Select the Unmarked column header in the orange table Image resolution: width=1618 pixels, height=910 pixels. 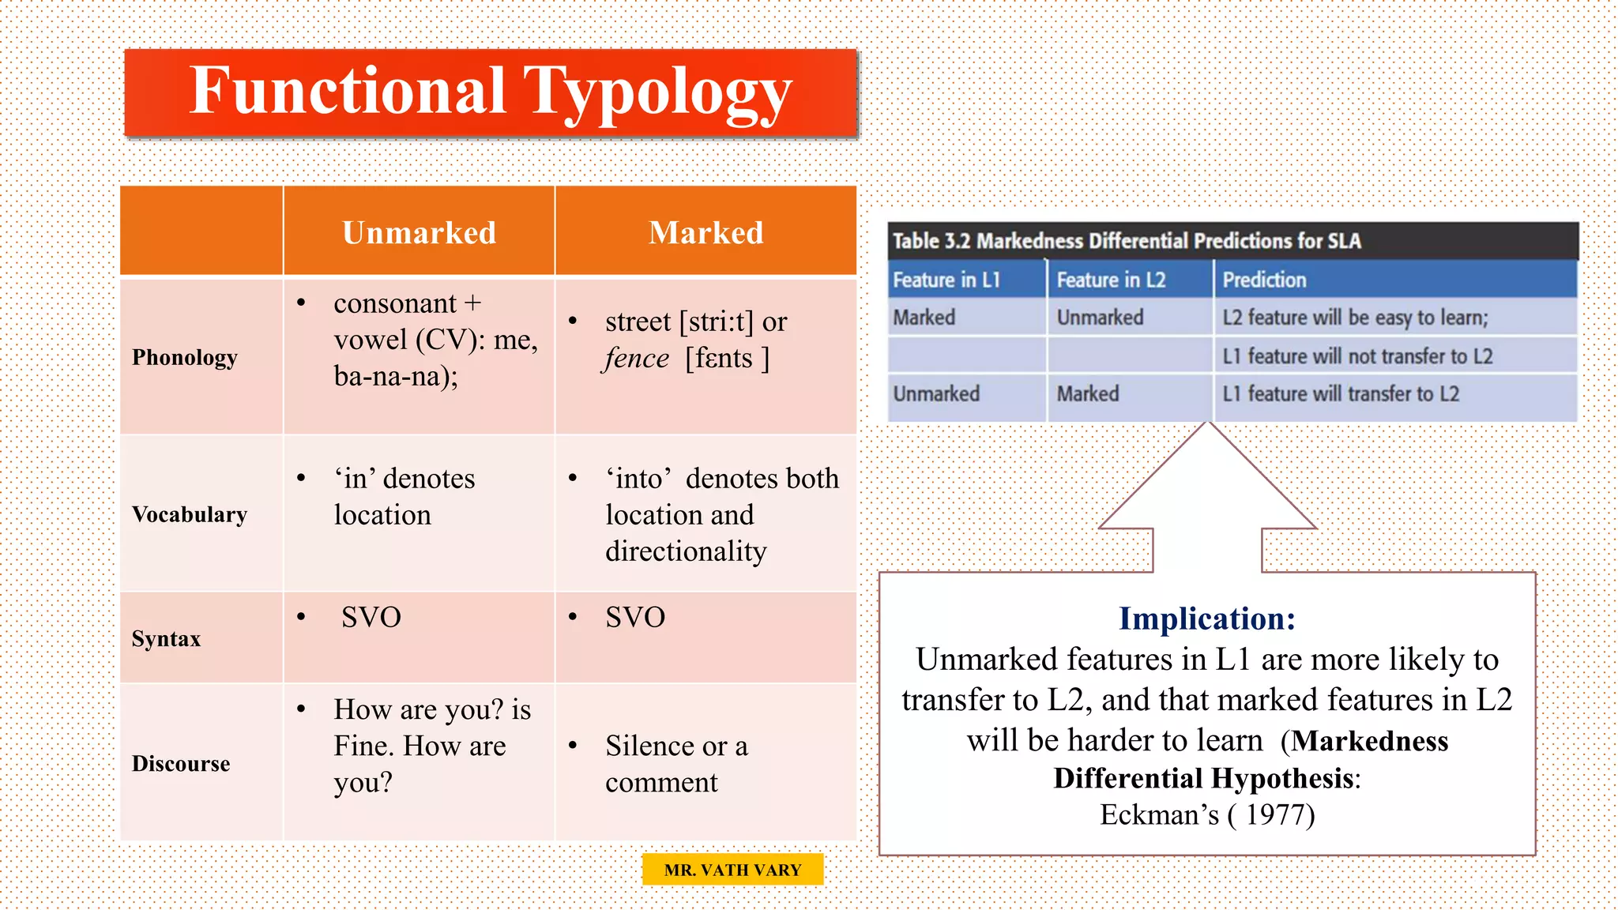(419, 233)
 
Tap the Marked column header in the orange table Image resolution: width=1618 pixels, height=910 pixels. (706, 233)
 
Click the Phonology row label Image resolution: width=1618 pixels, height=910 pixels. (184, 357)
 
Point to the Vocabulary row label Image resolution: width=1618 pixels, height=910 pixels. (190, 514)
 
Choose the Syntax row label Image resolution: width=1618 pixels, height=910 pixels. (166, 638)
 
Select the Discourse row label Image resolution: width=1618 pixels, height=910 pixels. (181, 764)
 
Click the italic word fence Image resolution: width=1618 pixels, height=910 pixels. (637, 359)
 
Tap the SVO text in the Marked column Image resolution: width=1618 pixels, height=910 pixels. (635, 618)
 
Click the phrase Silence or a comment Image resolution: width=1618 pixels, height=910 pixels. (675, 764)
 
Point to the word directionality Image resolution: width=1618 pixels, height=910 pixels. (686, 551)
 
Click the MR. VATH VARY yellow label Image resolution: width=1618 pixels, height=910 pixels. (732, 870)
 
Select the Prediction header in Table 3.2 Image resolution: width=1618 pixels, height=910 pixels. (1264, 280)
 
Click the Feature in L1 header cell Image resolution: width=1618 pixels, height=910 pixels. (946, 280)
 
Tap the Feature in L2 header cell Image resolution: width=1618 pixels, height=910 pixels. (1111, 280)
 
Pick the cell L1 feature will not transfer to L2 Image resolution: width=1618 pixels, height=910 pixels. (1357, 356)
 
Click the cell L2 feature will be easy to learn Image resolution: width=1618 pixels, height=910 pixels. (1355, 318)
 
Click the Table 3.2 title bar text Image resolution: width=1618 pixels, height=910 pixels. (1127, 241)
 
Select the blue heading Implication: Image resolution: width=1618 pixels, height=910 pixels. (1207, 619)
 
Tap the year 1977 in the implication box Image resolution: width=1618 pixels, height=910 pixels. (1280, 814)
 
